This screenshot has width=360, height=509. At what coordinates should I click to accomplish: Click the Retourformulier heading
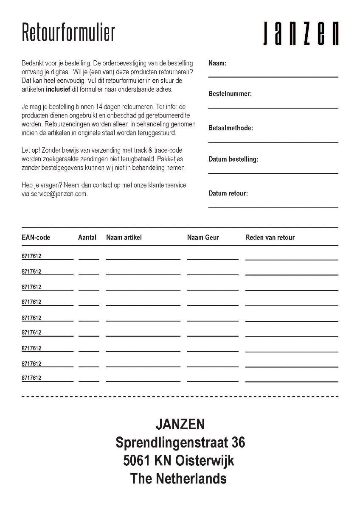68,32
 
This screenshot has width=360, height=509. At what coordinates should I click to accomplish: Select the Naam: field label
217,63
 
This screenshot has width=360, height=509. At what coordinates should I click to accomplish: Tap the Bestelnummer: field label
230,94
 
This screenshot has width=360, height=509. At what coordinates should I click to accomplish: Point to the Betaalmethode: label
231,128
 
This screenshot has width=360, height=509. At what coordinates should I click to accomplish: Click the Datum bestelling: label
233,159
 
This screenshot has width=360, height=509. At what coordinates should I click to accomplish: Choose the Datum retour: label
228,193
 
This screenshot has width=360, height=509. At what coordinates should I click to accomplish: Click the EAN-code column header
36,238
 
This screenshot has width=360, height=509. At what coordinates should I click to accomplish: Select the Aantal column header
87,238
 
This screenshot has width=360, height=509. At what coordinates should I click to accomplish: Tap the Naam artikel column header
124,238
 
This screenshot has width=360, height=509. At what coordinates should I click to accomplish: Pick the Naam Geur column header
203,238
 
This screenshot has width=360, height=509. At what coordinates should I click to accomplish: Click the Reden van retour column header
270,238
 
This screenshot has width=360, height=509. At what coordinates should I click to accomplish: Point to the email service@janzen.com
59,194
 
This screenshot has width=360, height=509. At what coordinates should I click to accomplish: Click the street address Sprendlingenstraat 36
180,442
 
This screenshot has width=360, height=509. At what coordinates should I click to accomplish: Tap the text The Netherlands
178,479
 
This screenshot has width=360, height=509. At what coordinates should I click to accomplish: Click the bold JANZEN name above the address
180,424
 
